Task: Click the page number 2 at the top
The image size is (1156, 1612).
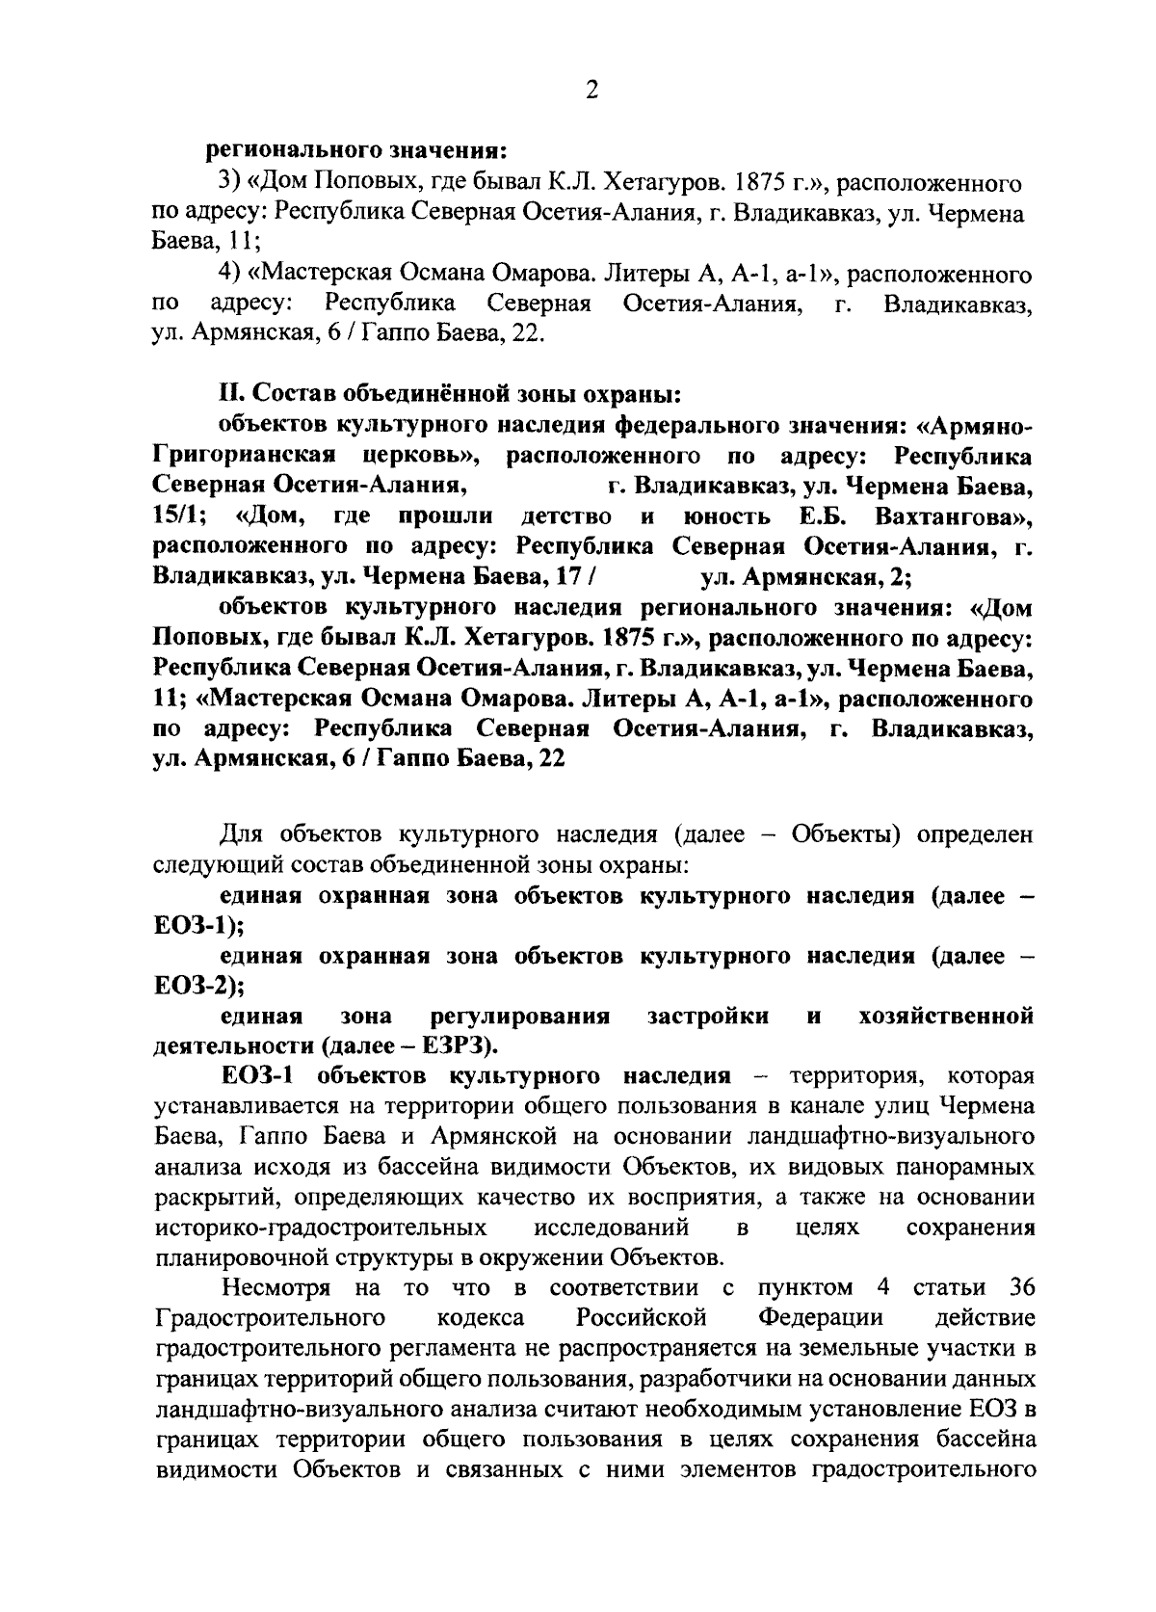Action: (x=591, y=91)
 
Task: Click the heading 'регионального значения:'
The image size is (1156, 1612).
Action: (x=355, y=150)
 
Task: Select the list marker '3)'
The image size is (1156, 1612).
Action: (x=227, y=181)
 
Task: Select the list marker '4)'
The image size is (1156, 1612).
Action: (x=228, y=276)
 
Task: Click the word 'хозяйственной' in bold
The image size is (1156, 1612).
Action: (x=945, y=1017)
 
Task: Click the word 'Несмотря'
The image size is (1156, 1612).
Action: (x=276, y=1288)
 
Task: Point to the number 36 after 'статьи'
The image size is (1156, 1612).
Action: (x=1018, y=1288)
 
